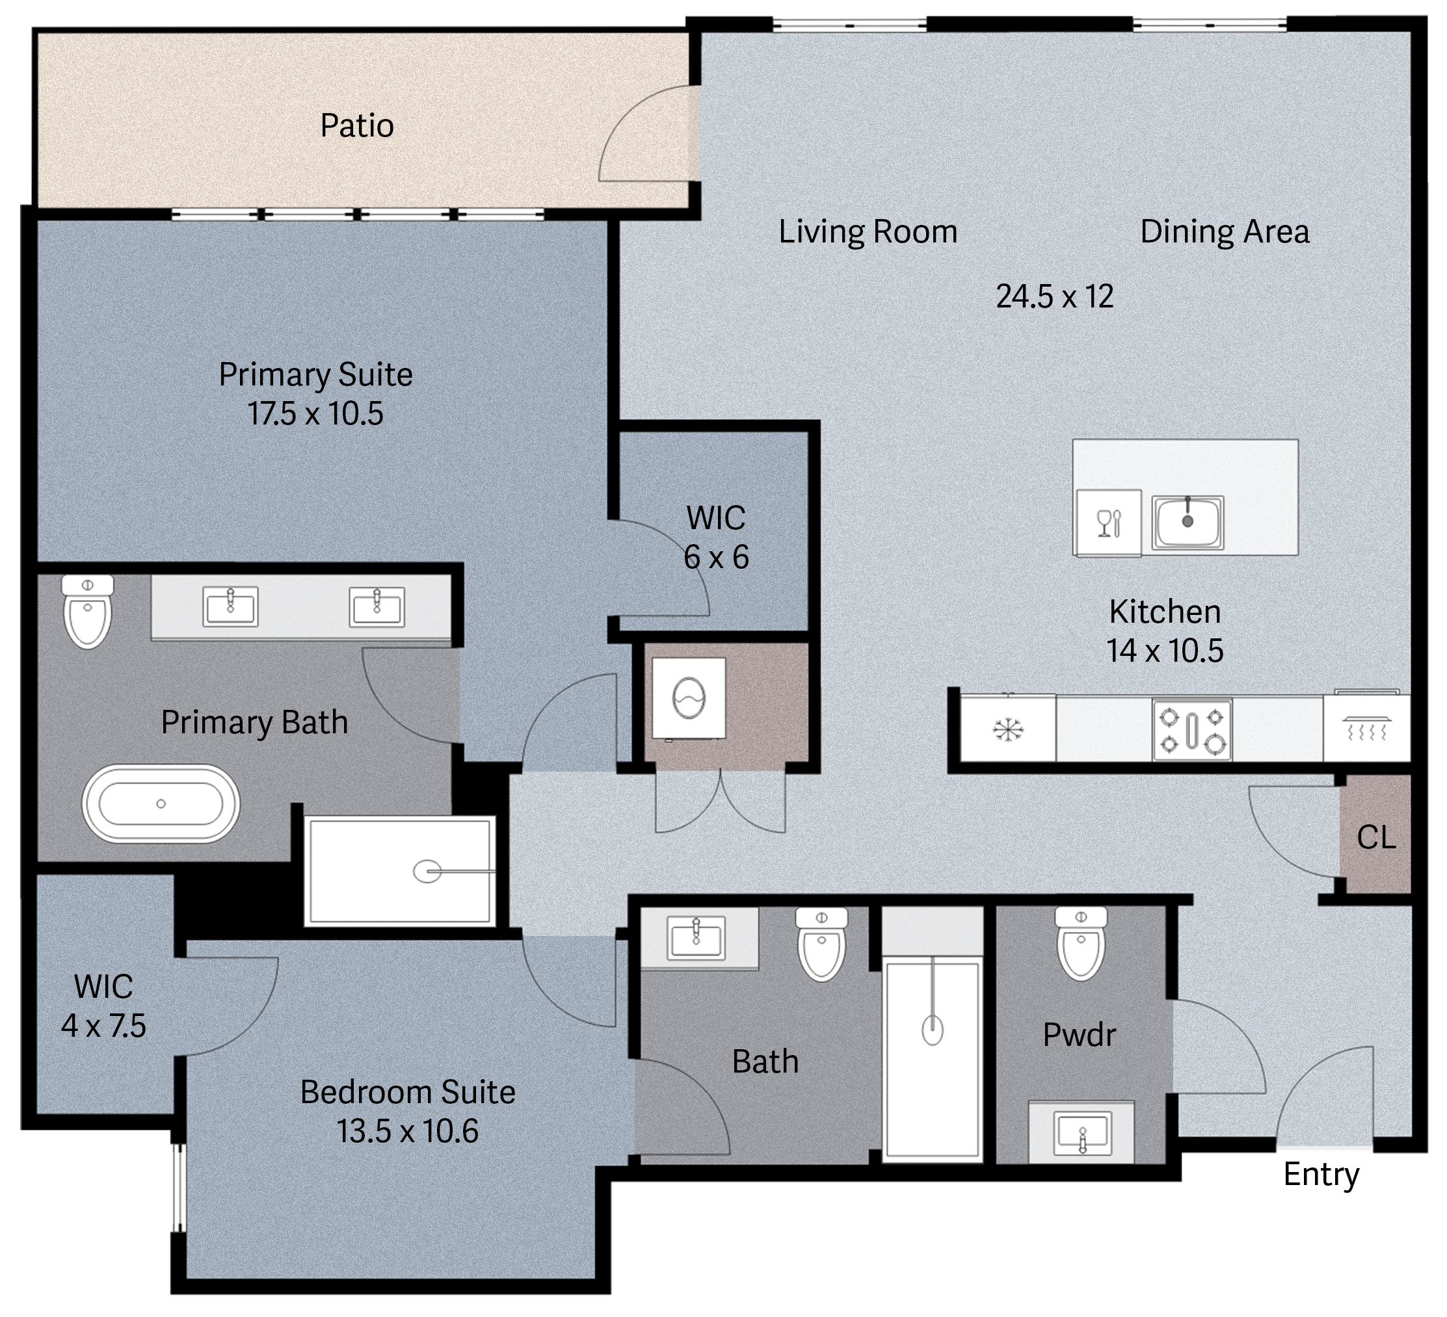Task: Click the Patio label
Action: (x=357, y=126)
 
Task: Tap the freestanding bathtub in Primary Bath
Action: (x=161, y=803)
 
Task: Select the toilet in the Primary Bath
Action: (x=88, y=611)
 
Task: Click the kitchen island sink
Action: (x=1187, y=522)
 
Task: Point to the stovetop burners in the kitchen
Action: (x=1192, y=729)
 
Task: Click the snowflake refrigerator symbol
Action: (x=1009, y=730)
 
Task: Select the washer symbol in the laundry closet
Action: (x=688, y=698)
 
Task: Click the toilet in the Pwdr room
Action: (x=1081, y=943)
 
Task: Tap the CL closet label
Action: (x=1376, y=837)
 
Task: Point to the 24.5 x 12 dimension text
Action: (x=1054, y=296)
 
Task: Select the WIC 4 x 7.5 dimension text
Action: (x=103, y=1026)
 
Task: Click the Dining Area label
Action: (x=1225, y=231)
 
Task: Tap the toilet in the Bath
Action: (x=822, y=944)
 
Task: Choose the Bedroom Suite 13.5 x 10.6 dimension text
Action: (x=408, y=1131)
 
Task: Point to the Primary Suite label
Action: (x=316, y=375)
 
